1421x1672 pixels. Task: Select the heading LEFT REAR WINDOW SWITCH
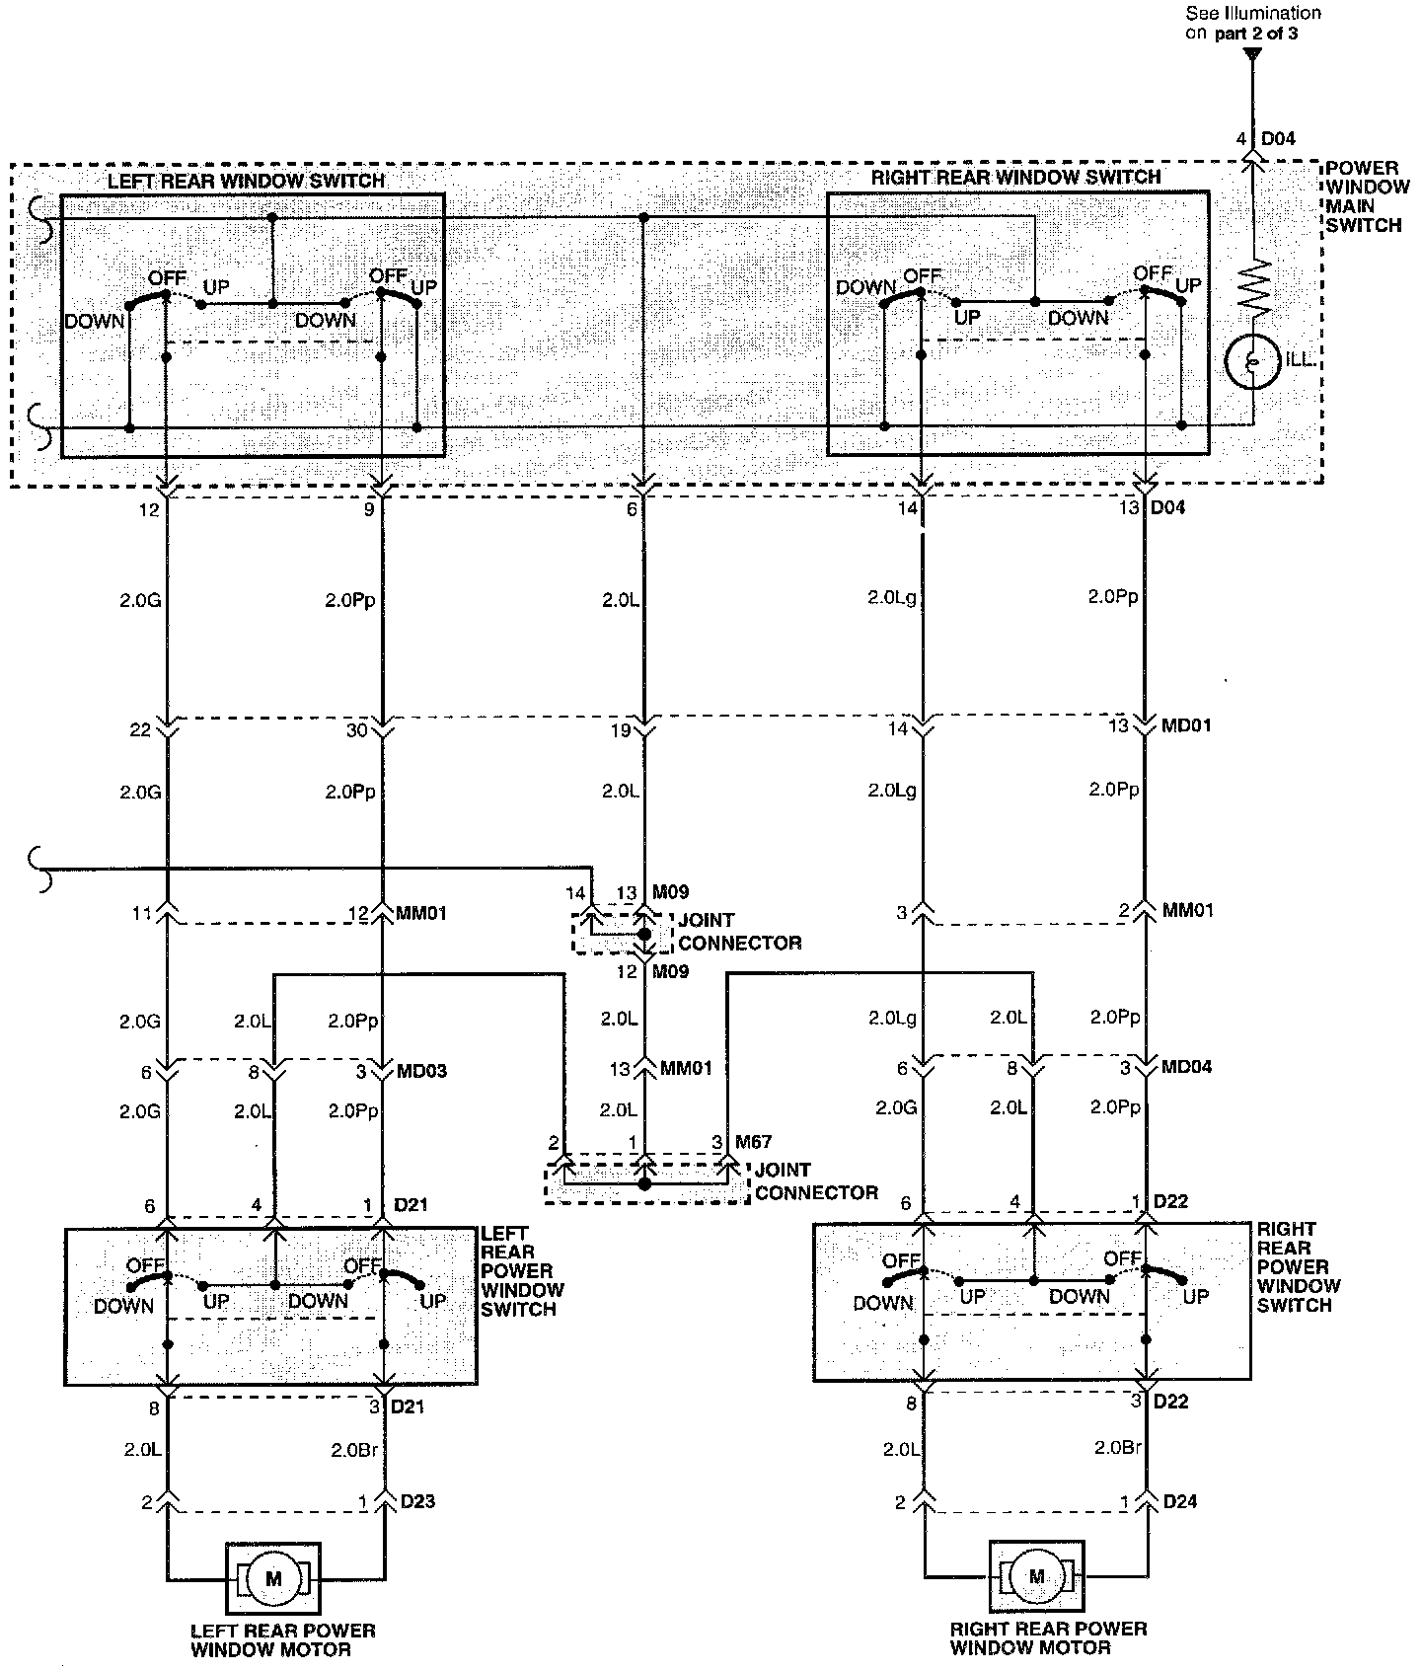tap(246, 181)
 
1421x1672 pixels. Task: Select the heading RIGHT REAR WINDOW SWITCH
tap(1015, 177)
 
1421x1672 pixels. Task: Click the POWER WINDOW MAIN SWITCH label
tap(1363, 196)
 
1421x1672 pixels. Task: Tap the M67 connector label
tap(754, 1142)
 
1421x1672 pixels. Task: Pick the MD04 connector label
tap(1186, 1068)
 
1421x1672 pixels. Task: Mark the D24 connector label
tap(1180, 1501)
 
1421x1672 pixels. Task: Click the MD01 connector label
tap(1185, 725)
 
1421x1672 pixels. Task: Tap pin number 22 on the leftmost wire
tap(140, 729)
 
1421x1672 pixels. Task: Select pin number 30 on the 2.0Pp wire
tap(356, 729)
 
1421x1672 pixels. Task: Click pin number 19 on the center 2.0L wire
tap(619, 731)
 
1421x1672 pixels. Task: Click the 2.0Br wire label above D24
tap(1118, 1448)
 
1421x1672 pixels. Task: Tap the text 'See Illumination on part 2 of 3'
tap(1253, 23)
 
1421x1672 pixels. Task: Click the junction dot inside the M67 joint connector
tap(644, 1183)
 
